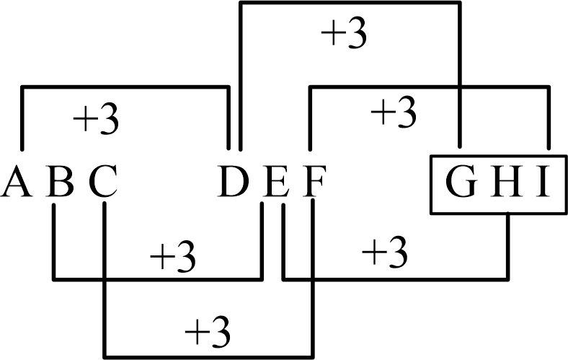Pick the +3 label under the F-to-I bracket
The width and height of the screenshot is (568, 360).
[394, 110]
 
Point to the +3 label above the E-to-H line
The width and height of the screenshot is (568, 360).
[385, 252]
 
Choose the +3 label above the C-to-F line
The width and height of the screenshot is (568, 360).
[208, 331]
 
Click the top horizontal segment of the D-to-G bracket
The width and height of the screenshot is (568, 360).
[350, 4]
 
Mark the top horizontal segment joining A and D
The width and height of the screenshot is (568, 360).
[126, 88]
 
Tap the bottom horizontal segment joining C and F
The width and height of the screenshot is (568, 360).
[209, 356]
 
